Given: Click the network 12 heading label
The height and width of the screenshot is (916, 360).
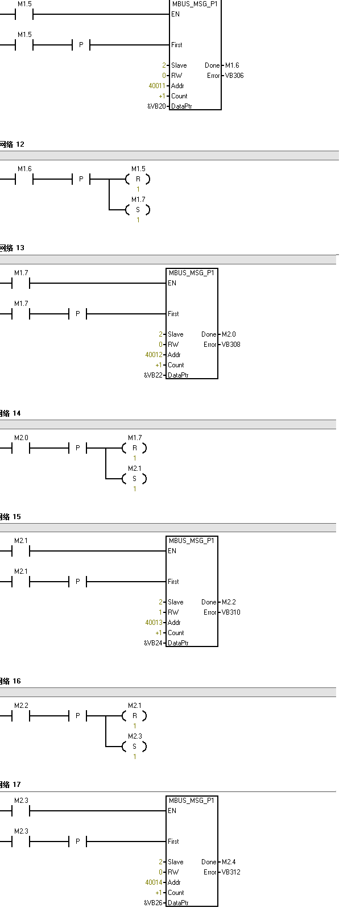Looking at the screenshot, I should [x=12, y=144].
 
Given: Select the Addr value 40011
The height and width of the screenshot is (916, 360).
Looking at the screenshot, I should [x=157, y=86].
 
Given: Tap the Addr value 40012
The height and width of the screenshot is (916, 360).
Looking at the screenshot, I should [x=154, y=355].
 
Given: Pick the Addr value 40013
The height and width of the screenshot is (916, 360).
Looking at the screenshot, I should [x=154, y=623].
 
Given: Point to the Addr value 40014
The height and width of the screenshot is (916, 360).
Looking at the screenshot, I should [x=154, y=882].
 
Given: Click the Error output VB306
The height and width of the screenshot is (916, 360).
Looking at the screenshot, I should [x=234, y=76].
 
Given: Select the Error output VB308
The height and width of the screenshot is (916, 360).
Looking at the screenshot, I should [x=231, y=345].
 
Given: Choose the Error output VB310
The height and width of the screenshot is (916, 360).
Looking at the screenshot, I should [x=231, y=612].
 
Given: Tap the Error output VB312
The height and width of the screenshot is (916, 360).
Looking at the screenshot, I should [x=231, y=872].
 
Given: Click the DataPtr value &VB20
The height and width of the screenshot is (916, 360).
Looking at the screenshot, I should [x=156, y=106].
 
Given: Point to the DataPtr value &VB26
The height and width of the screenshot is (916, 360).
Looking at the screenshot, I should [x=153, y=903].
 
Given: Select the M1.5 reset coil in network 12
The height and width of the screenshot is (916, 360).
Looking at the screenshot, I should [x=138, y=179].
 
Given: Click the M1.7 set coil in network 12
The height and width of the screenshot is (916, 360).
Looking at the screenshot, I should [x=138, y=210].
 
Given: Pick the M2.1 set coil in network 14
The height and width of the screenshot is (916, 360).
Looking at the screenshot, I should [x=134, y=479].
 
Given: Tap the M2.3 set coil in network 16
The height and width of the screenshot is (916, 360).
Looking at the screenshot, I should [x=134, y=747].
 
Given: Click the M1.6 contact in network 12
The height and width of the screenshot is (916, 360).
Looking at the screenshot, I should [x=24, y=180].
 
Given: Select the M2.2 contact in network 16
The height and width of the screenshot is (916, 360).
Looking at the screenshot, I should [x=21, y=716].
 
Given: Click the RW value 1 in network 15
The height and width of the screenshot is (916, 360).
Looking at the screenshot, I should [x=160, y=612].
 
